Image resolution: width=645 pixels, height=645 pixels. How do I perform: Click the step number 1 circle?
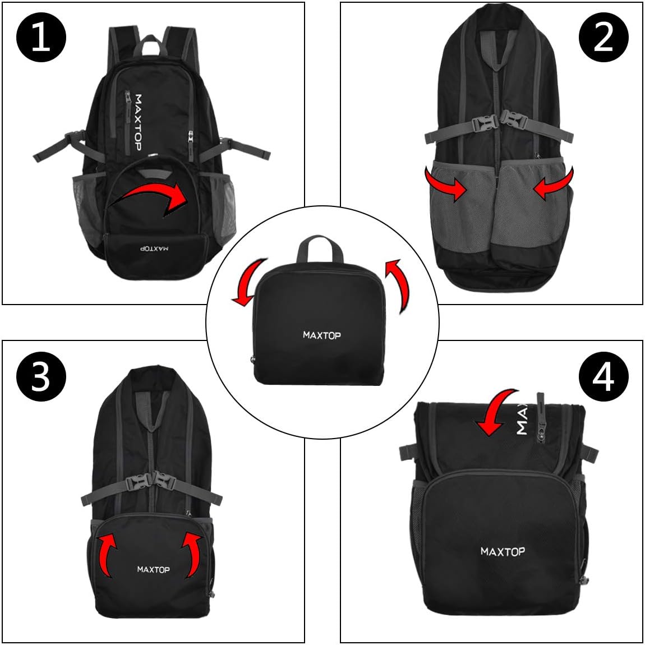click(41, 37)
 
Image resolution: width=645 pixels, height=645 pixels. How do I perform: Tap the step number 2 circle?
click(603, 37)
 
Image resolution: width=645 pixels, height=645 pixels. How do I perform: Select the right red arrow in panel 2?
click(553, 183)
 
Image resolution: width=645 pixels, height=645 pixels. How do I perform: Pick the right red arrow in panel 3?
click(193, 555)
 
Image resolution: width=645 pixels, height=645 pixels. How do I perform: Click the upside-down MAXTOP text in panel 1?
click(154, 249)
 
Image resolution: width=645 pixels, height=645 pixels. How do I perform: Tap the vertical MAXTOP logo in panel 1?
click(138, 123)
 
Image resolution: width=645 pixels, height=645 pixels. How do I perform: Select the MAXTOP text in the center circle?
click(322, 335)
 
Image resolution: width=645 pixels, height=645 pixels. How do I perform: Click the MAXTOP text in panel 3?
click(154, 569)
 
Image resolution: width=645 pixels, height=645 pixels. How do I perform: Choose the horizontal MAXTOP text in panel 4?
click(503, 552)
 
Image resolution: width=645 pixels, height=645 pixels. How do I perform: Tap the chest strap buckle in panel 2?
click(499, 122)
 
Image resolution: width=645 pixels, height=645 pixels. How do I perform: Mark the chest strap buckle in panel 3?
click(151, 481)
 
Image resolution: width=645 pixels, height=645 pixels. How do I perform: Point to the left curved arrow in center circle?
click(249, 284)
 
